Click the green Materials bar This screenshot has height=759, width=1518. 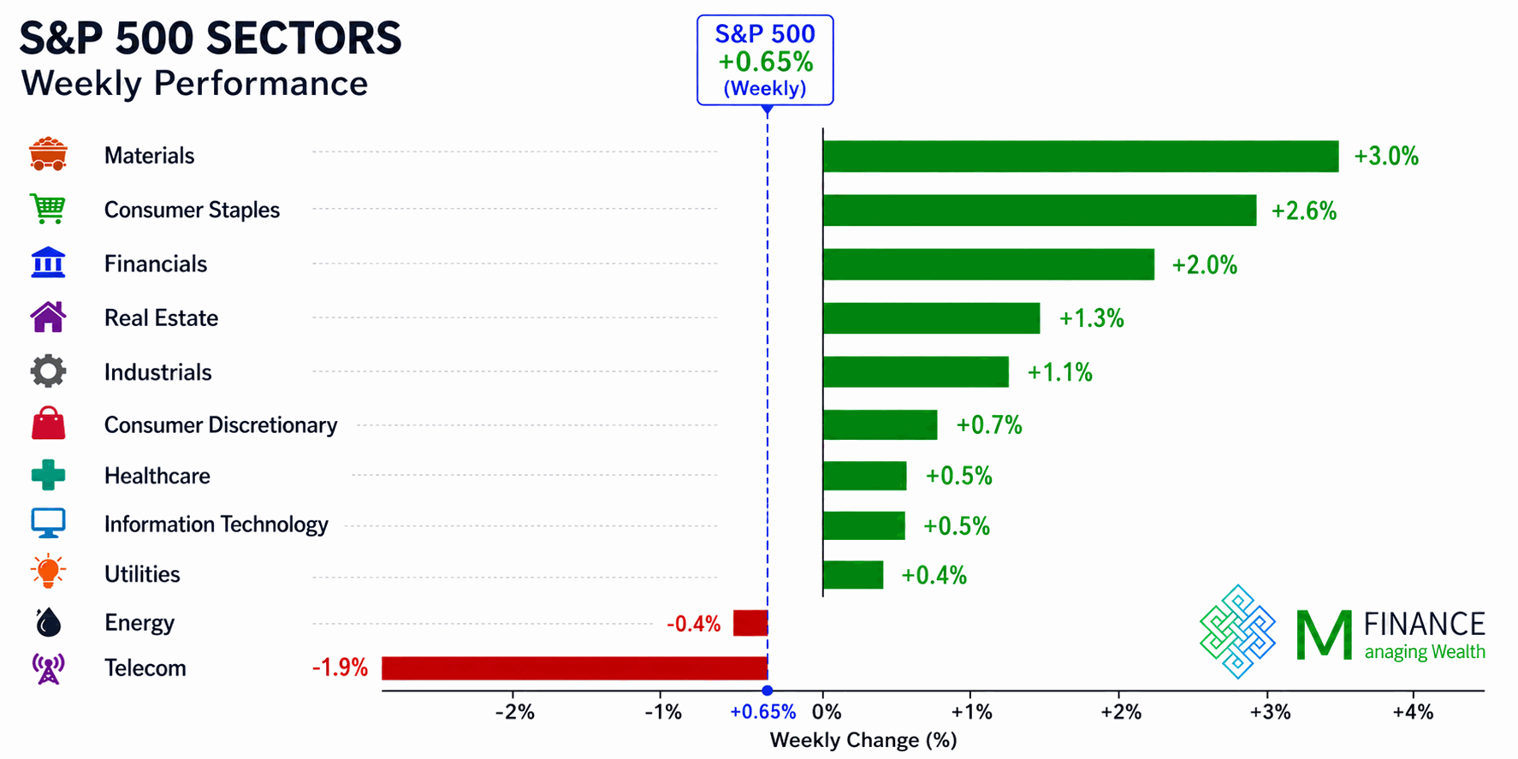1080,157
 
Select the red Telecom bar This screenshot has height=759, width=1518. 574,668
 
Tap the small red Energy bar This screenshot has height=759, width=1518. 750,623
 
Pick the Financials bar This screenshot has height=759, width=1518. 988,264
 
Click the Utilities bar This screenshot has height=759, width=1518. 852,575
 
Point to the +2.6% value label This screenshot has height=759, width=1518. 1304,211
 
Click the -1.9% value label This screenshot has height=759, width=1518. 340,667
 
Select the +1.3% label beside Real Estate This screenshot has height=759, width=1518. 1092,318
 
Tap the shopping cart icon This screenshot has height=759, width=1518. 48,209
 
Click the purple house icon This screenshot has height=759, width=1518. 48,317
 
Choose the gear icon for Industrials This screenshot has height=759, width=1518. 48,371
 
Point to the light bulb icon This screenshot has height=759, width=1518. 48,572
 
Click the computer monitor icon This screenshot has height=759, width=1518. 48,523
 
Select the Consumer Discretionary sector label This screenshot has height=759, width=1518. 221,425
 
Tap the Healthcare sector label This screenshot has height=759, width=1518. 157,476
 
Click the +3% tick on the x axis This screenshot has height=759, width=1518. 1267,712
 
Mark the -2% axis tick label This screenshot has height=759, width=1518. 514,712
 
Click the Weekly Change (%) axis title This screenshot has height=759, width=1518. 863,740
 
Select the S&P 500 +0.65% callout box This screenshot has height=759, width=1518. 765,60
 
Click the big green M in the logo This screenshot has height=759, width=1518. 1324,634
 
